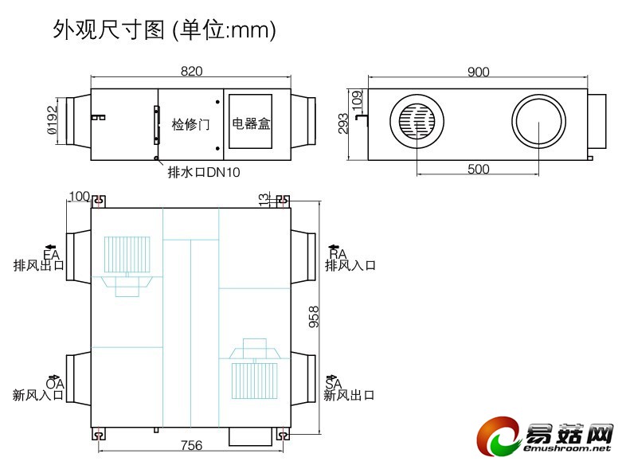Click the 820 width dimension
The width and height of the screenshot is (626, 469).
tap(191, 72)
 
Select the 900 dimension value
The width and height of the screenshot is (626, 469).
tap(478, 72)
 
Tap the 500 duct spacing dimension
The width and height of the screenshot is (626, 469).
tap(478, 169)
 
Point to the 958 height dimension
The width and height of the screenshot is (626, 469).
tap(314, 316)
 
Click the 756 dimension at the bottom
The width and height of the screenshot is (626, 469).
tap(191, 445)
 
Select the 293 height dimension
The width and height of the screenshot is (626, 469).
tap(344, 122)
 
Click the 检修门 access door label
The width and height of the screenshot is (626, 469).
tap(190, 124)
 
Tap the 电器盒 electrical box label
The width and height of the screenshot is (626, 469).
tap(251, 124)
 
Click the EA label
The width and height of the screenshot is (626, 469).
tap(52, 254)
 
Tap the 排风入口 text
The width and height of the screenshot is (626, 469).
tap(350, 266)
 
